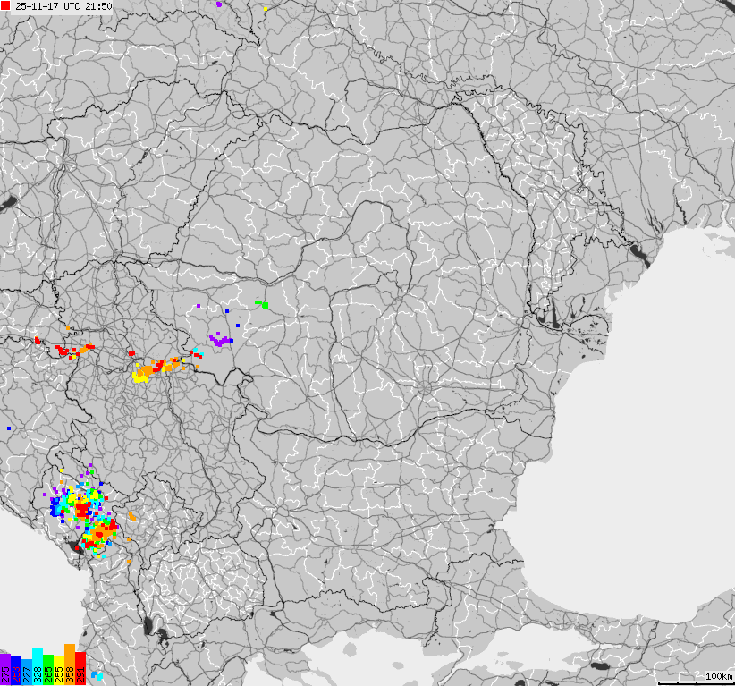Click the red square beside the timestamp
(5, 6)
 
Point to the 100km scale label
(719, 676)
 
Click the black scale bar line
(703, 682)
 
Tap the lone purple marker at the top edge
(219, 4)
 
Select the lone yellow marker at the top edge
(266, 9)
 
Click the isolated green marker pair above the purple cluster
(263, 305)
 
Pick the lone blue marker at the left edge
(9, 428)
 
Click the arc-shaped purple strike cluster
(220, 340)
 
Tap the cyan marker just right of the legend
(97, 675)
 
